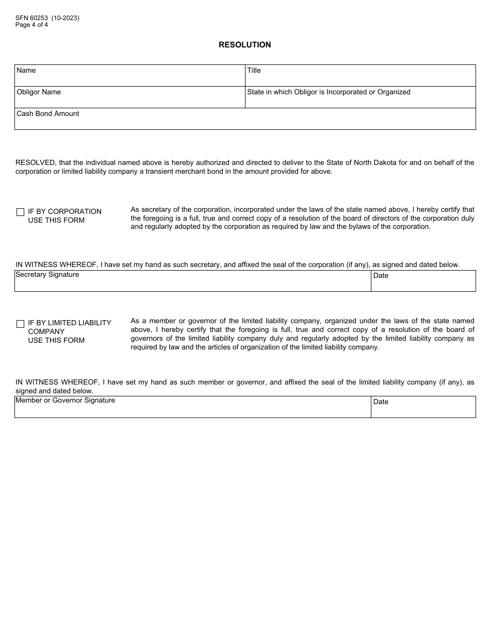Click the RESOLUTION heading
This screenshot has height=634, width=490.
click(x=244, y=45)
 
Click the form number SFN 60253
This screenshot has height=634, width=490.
click(x=32, y=18)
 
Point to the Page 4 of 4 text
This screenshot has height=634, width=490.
click(x=31, y=25)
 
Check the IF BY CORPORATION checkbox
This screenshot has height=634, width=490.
click(x=21, y=212)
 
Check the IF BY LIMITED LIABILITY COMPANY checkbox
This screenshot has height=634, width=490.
click(x=21, y=324)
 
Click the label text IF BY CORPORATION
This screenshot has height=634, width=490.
click(x=64, y=211)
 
